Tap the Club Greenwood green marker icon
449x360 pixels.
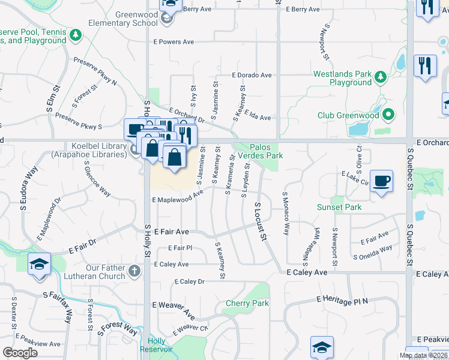pos(388,113)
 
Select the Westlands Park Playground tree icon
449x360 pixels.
pos(380,76)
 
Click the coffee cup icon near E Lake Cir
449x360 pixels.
pos(381,181)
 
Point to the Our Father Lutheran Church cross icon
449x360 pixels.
pos(134,272)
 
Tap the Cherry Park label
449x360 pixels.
pos(247,303)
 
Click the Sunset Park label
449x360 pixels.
pos(339,207)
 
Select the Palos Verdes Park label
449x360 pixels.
pos(266,151)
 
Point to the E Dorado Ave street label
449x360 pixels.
pos(252,75)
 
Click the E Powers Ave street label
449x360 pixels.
pos(173,42)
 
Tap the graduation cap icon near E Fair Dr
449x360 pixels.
pos(38,264)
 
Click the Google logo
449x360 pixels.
pos(20,352)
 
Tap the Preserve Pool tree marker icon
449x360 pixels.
pos(76,36)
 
